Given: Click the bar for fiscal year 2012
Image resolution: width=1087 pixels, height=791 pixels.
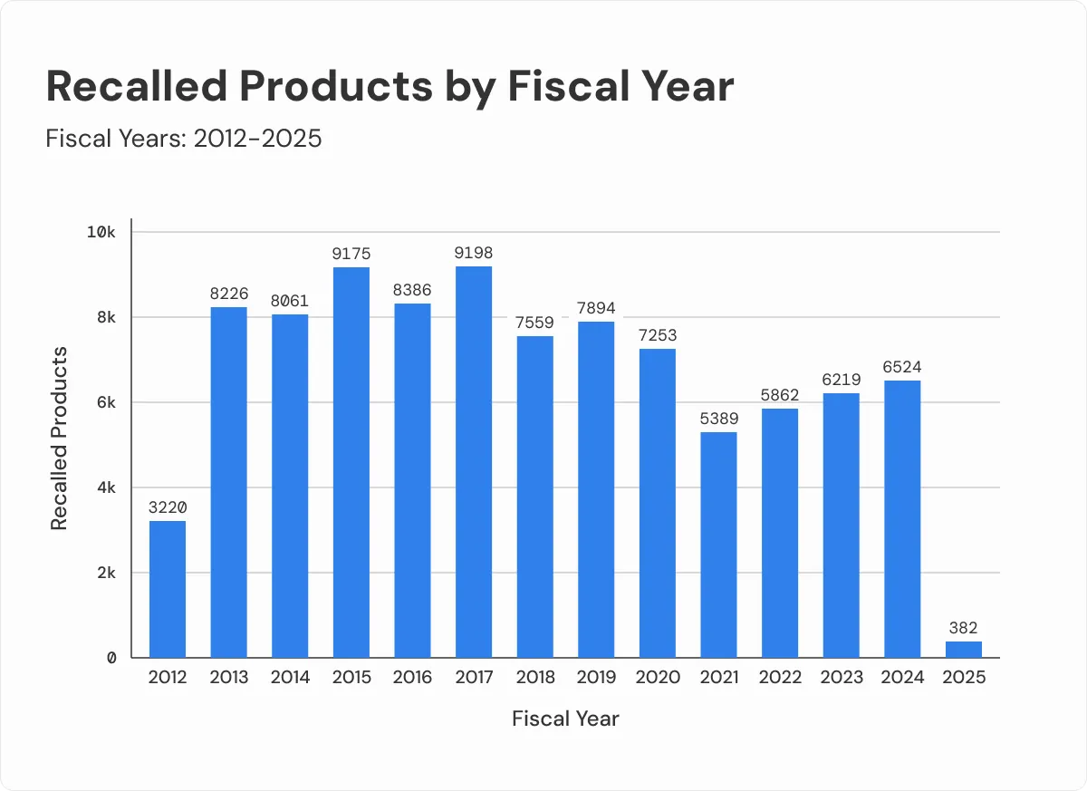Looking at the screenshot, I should coord(168,589).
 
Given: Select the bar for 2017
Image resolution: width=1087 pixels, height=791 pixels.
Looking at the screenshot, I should coord(474,462).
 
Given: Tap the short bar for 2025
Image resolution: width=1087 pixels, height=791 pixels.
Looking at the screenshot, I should coord(964,650).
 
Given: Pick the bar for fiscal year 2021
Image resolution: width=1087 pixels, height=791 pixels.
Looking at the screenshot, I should coord(718,545).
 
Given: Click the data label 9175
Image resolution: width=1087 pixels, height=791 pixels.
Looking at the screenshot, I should coord(351,254).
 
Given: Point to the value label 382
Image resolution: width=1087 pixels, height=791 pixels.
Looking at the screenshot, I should coord(964,628).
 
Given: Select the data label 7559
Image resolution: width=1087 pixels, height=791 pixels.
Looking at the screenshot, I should coord(535,323).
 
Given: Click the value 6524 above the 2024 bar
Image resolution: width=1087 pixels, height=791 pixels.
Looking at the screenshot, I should coord(902,367).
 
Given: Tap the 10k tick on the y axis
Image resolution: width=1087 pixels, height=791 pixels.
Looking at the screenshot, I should coord(101,232).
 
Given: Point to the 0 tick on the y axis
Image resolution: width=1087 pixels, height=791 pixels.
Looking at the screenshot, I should coord(111,659).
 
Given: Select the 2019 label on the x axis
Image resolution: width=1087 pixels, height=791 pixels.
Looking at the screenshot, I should coord(596,678).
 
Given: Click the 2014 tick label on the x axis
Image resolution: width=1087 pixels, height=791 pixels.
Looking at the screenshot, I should coord(290,678).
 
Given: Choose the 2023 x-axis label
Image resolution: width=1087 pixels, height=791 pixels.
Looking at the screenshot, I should coord(842,678).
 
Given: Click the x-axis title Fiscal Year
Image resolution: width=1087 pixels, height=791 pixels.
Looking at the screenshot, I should coord(565,719).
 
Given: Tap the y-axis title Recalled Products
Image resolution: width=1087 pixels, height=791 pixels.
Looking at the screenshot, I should coord(60,438).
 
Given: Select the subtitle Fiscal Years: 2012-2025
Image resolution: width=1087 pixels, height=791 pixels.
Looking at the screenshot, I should coord(184,139).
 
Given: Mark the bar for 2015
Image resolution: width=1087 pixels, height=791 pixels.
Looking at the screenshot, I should coord(351,462).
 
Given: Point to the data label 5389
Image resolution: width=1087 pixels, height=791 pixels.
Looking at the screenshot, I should coord(718,419).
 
